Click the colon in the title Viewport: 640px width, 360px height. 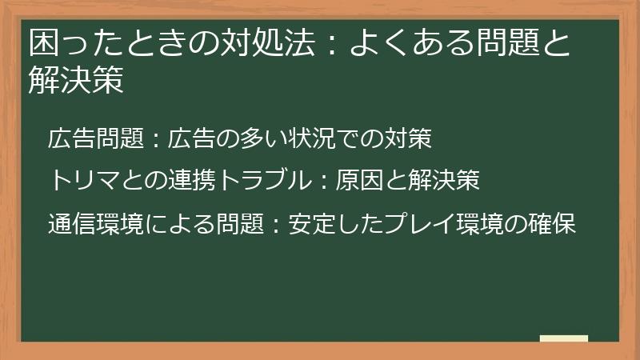[x=330, y=45]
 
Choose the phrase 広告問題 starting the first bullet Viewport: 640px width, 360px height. [x=94, y=138]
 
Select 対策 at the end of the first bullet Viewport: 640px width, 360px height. [x=412, y=138]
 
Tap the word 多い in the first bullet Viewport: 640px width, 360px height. [x=266, y=138]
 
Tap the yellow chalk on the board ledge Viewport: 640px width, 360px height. [x=563, y=338]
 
